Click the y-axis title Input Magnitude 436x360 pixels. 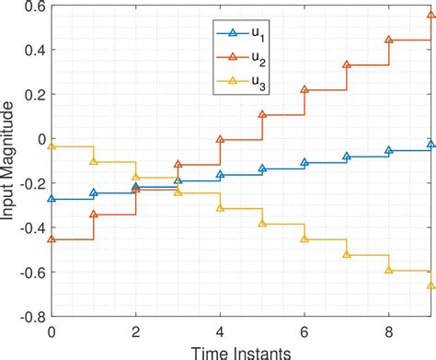tap(10, 160)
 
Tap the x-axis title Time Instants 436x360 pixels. tap(241, 351)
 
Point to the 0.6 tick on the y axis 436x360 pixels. tap(35, 6)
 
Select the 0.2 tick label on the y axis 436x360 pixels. tap(35, 95)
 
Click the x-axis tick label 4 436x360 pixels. tap(220, 331)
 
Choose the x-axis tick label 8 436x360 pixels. tap(388, 331)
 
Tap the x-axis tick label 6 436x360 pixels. tap(304, 331)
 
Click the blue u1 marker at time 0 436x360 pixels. tap(52, 199)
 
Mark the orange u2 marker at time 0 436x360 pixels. tap(52, 239)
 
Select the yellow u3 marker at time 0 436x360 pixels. tap(52, 146)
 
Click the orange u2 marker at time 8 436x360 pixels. tap(388, 41)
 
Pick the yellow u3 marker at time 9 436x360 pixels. tap(430, 285)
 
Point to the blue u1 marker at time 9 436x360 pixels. tap(430, 145)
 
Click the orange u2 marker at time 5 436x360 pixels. tap(262, 115)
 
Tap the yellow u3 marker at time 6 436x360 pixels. tap(304, 238)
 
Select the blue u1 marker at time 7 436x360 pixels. tap(347, 157)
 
